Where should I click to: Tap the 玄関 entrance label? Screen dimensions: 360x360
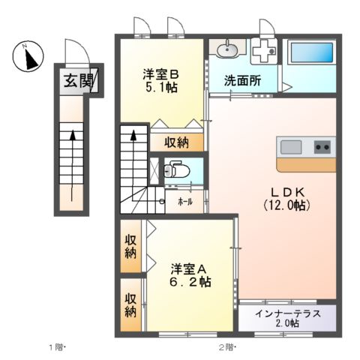(72, 80)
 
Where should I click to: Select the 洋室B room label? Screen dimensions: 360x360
(161, 74)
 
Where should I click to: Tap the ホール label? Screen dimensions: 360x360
(184, 201)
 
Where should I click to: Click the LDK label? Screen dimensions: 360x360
(286, 190)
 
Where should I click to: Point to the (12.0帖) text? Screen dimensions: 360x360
(286, 203)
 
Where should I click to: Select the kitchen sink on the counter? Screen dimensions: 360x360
(292, 146)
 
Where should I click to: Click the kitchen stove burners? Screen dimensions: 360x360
(323, 146)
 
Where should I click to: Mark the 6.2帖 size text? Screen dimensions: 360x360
(189, 282)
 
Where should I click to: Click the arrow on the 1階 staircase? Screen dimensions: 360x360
(72, 136)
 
